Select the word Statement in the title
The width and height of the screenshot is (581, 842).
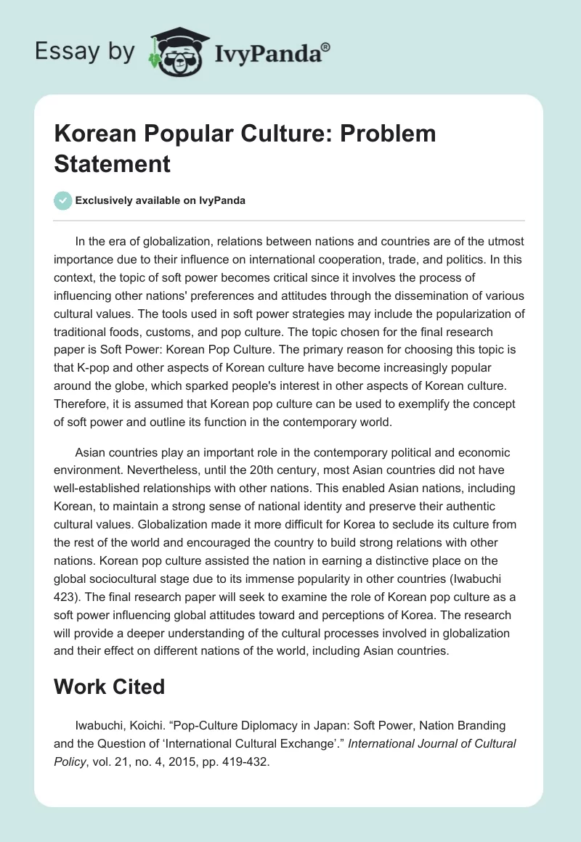pyautogui.click(x=113, y=163)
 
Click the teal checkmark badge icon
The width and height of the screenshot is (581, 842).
pyautogui.click(x=62, y=200)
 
